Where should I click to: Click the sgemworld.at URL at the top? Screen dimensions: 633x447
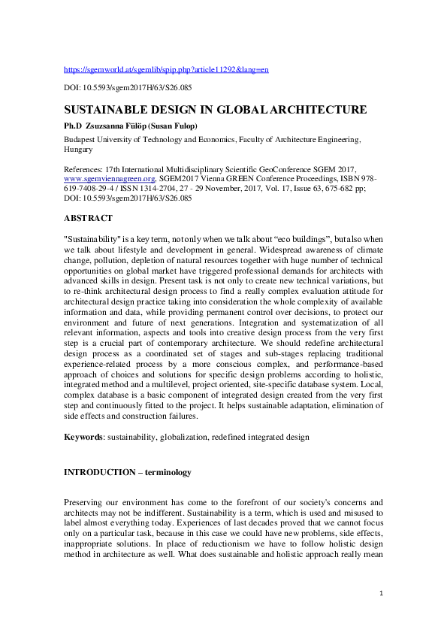click(166, 69)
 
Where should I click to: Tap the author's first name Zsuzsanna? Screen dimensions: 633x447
click(113, 125)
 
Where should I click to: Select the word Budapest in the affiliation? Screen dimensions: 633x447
click(82, 139)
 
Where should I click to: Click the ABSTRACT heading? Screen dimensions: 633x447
click(88, 218)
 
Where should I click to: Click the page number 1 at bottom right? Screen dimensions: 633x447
click(382, 594)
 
